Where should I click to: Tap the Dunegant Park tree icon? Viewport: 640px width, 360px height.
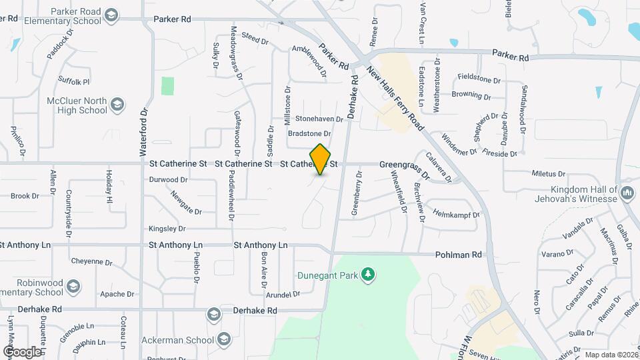tap(366, 274)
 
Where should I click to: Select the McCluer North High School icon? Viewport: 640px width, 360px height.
tap(117, 105)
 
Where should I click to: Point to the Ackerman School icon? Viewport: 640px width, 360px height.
tap(223, 338)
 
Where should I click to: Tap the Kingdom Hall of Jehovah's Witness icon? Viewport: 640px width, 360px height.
tap(626, 193)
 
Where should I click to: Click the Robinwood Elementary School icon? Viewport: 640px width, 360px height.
tap(73, 287)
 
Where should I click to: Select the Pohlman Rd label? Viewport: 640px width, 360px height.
tap(458, 255)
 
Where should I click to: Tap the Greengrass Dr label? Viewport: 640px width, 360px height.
tap(404, 164)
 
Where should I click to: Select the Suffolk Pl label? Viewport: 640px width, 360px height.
tap(73, 82)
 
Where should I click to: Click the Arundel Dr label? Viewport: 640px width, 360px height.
tap(283, 294)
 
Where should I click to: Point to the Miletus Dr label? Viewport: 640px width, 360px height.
tap(549, 173)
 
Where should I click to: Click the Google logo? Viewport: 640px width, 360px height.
tap(21, 351)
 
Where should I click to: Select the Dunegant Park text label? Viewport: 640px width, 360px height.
tap(327, 274)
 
